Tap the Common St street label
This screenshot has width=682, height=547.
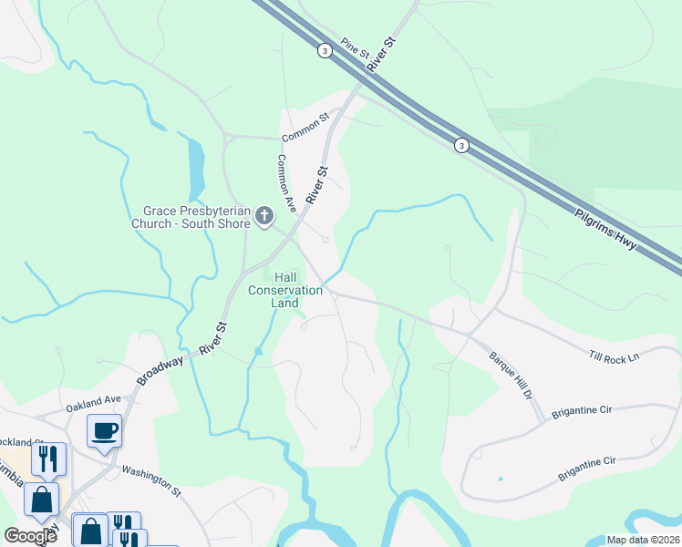(305, 129)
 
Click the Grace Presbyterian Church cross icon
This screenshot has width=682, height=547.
(263, 215)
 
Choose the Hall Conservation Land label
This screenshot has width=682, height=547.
(285, 290)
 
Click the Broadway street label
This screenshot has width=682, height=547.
(161, 370)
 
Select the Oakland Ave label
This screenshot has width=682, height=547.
(93, 399)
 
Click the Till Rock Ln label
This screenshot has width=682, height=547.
(614, 356)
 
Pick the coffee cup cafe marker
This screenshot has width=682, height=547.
(105, 430)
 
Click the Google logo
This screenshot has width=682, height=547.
(30, 536)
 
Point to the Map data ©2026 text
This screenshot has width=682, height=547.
(643, 540)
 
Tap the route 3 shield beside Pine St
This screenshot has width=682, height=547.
(325, 51)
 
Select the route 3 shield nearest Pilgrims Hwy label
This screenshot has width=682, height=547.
(462, 146)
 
